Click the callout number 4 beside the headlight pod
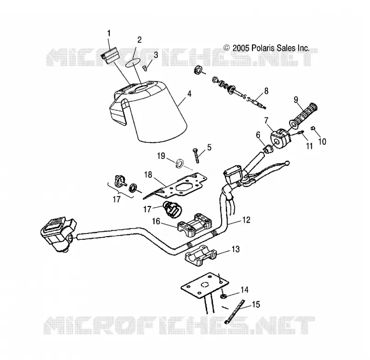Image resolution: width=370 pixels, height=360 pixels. pyautogui.click(x=189, y=94)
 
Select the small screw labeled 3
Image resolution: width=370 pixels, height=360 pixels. pyautogui.click(x=145, y=68)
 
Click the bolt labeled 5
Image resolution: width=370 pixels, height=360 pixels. pyautogui.click(x=197, y=155)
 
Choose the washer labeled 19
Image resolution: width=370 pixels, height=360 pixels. pyautogui.click(x=180, y=163)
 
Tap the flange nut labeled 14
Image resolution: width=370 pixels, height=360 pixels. pyautogui.click(x=222, y=296)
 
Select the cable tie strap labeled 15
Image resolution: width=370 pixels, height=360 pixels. pyautogui.click(x=235, y=311)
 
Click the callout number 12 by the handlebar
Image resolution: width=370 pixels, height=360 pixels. pyautogui.click(x=246, y=220)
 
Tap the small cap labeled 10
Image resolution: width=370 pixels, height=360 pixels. pyautogui.click(x=314, y=128)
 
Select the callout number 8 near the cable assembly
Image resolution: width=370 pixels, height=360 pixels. pyautogui.click(x=266, y=91)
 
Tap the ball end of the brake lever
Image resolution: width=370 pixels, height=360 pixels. pyautogui.click(x=287, y=163)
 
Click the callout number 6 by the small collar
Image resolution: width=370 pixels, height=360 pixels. pyautogui.click(x=258, y=135)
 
